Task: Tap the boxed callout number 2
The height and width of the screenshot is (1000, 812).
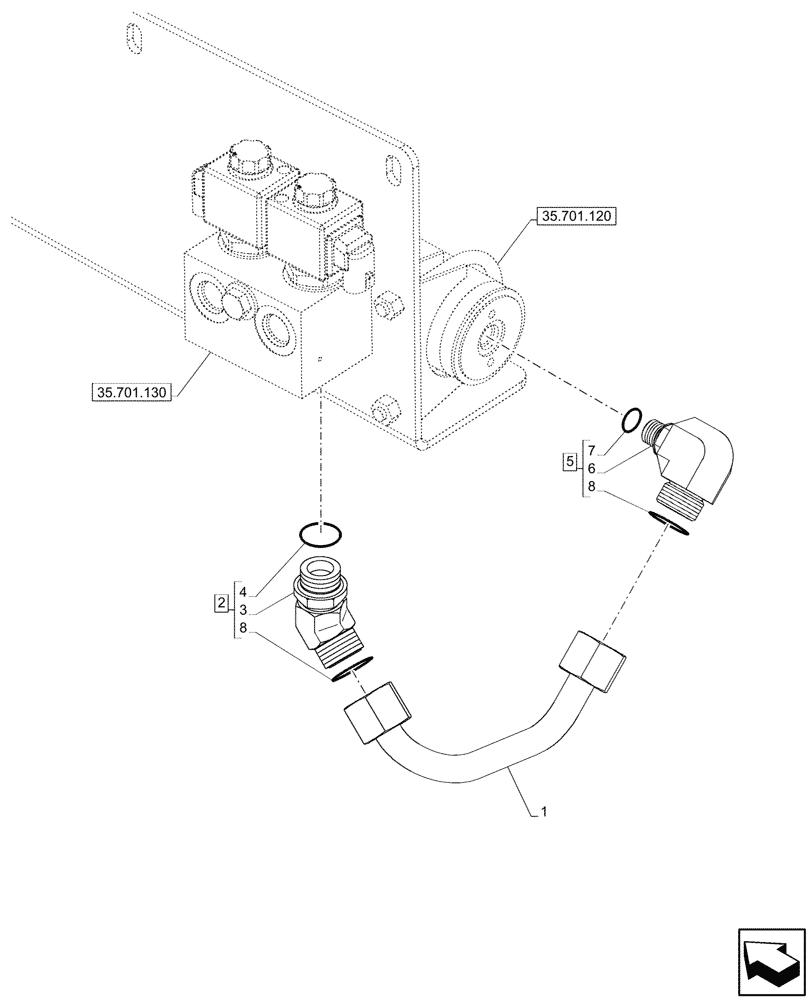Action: tap(220, 603)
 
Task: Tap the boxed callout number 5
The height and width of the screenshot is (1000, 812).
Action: tap(570, 461)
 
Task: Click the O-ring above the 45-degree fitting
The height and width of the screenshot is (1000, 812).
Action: tap(321, 533)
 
